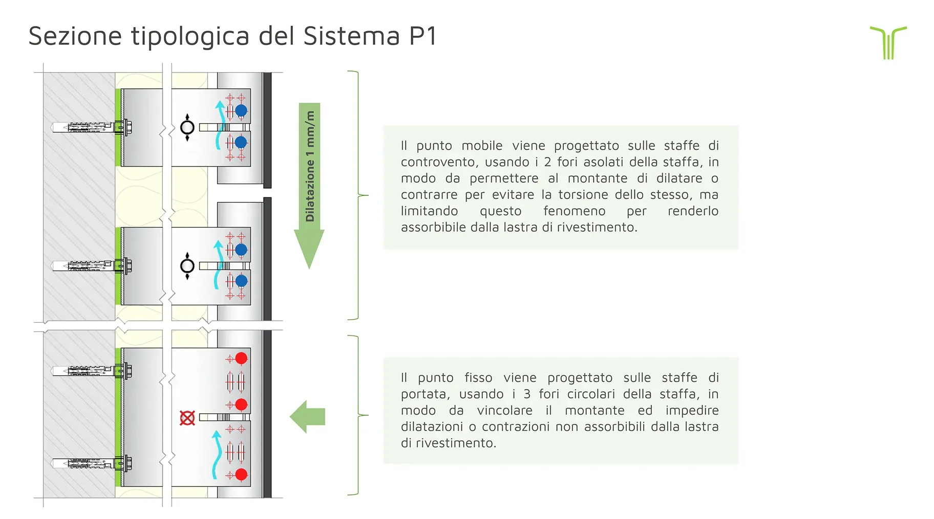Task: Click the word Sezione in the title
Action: (x=75, y=36)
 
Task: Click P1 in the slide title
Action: (x=422, y=36)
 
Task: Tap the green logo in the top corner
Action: (x=888, y=42)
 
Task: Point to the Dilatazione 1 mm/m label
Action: (x=310, y=166)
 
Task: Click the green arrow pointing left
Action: (x=308, y=417)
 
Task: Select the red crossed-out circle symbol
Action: (x=187, y=418)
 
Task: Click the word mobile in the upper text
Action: (x=482, y=146)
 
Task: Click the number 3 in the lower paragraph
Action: (x=527, y=394)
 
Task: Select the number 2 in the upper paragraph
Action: (x=547, y=162)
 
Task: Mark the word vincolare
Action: (x=504, y=411)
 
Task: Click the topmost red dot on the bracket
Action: (x=241, y=358)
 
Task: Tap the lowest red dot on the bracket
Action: (x=241, y=475)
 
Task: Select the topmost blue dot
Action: (x=241, y=110)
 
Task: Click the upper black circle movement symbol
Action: (x=187, y=127)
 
